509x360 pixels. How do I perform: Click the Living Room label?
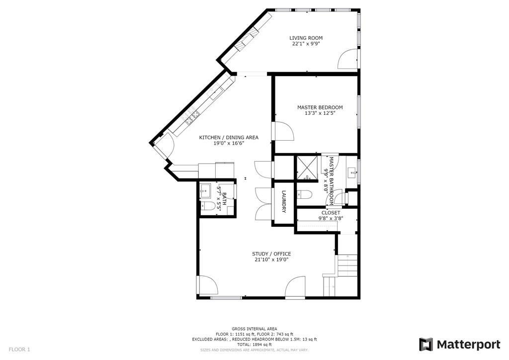pos(306,38)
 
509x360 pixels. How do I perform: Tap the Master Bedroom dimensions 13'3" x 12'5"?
pos(320,113)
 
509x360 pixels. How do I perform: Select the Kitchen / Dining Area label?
pos(229,137)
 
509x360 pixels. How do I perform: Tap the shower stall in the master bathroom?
pos(308,168)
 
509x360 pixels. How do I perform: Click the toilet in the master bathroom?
pos(304,194)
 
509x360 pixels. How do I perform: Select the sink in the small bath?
pos(205,190)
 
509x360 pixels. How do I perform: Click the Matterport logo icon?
pos(426,344)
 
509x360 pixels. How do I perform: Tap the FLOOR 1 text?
pos(19,350)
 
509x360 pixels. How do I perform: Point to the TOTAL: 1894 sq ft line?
pos(254,345)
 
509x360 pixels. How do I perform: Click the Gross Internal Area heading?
pos(254,329)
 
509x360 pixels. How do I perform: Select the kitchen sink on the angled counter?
pos(192,118)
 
